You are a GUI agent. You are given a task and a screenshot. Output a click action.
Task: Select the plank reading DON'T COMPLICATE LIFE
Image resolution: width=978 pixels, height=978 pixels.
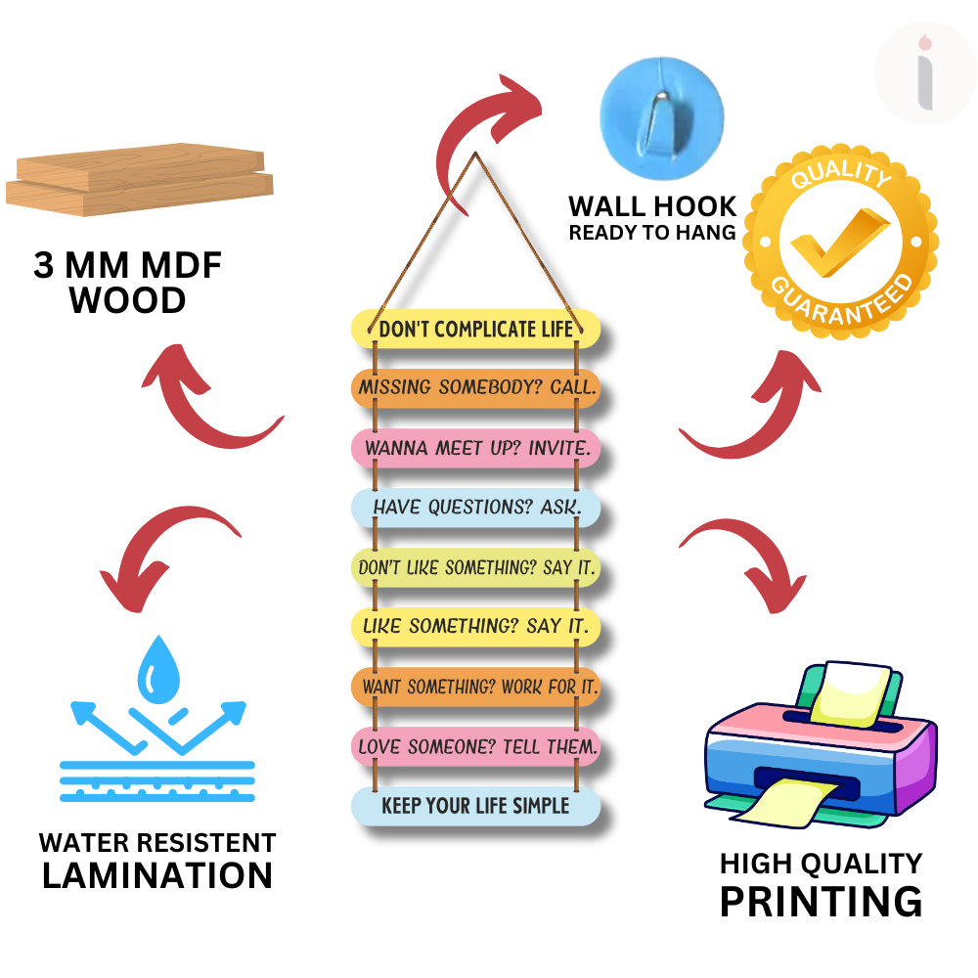point(475,329)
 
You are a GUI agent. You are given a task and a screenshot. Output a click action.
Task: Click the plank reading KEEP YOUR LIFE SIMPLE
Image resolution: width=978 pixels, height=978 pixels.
point(475,806)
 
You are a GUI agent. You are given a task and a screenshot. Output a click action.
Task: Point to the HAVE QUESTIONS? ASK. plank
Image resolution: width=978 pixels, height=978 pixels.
point(475,508)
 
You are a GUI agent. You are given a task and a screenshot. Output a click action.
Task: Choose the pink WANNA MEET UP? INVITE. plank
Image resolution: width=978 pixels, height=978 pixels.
point(475,448)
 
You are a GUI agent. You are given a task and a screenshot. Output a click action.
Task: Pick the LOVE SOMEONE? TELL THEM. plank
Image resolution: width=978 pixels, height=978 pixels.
point(475,747)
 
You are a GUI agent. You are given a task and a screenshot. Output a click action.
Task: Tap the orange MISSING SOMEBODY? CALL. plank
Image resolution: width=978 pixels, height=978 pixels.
point(475,388)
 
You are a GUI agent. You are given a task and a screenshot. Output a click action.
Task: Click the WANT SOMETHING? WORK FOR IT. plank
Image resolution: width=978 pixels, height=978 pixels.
point(475,688)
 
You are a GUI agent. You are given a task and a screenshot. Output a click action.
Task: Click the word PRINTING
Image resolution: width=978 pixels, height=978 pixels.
point(821,901)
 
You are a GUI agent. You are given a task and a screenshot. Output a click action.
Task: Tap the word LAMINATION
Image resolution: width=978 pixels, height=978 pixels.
point(157,875)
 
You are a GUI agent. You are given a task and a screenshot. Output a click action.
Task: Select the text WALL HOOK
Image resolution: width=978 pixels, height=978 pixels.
point(652,207)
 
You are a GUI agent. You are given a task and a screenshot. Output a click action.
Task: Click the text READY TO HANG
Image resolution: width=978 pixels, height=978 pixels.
point(652,233)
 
